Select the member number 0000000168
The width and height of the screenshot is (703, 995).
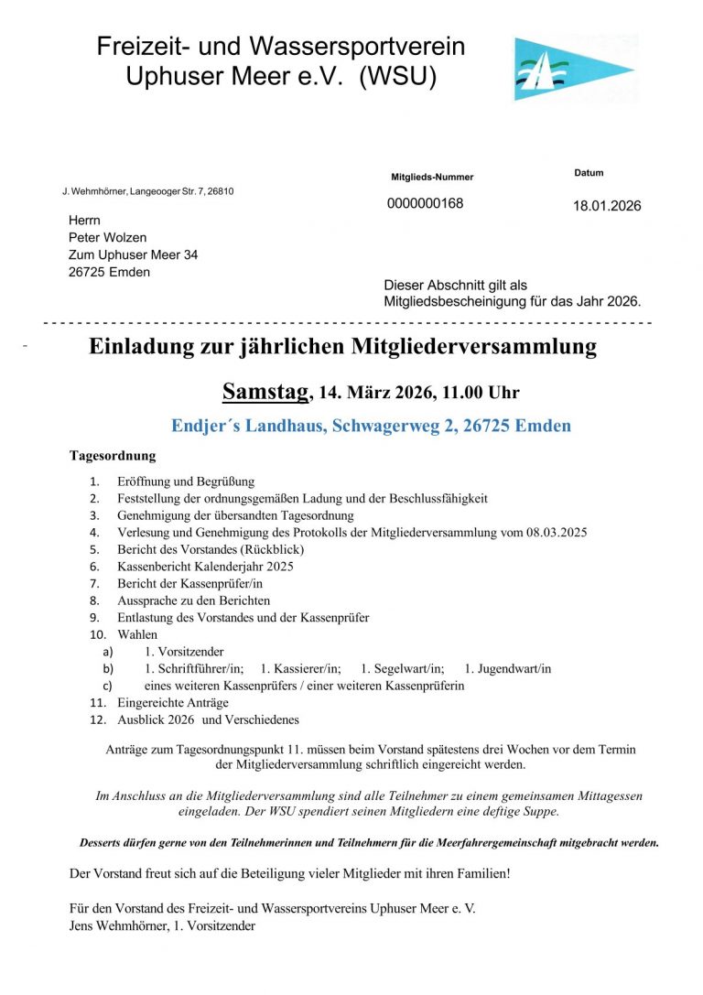coord(425,203)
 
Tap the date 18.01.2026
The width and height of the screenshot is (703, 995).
coord(607,206)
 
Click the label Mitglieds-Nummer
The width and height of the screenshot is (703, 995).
coord(432,177)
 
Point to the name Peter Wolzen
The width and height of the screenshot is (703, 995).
coord(107,238)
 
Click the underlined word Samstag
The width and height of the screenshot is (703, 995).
coord(265,393)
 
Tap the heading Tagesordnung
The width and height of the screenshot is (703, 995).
coord(113,456)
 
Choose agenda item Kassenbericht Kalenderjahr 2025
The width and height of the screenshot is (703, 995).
coord(205,567)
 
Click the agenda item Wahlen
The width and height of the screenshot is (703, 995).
coord(137,634)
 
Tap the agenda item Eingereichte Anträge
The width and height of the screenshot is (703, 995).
coord(173,703)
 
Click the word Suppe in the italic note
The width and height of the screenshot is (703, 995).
coord(540,812)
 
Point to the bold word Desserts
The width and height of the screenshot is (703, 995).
coord(106,843)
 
